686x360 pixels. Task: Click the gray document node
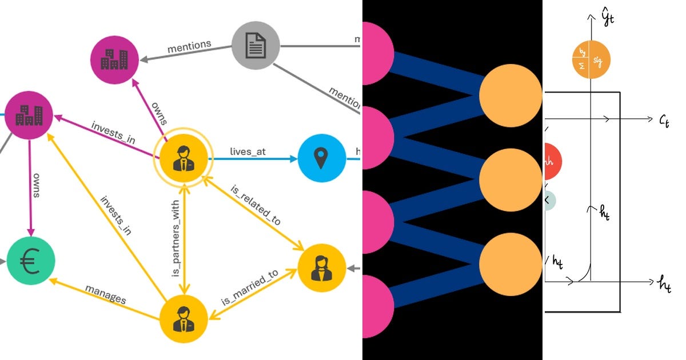[256, 46]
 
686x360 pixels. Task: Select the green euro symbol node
[31, 263]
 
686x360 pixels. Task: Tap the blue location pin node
[322, 158]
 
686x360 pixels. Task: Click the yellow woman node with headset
[322, 268]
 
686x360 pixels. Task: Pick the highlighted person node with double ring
[183, 158]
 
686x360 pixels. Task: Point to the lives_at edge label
[248, 151]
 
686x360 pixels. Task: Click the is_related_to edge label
[256, 204]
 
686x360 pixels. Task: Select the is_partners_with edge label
[176, 238]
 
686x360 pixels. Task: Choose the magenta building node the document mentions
[115, 58]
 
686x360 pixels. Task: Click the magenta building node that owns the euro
[29, 115]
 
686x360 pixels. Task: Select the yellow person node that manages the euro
[183, 321]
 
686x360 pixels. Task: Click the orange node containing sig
[591, 59]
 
